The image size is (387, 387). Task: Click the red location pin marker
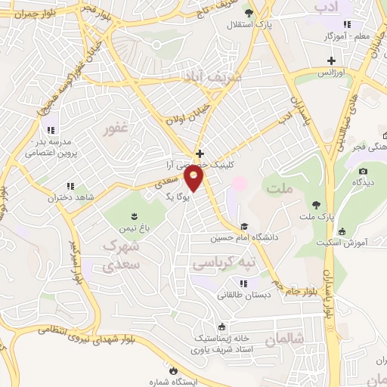[x=194, y=178]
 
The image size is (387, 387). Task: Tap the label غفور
[x=116, y=129]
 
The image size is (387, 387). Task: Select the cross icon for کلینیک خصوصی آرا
[x=200, y=153]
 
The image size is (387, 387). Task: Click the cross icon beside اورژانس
[x=331, y=60]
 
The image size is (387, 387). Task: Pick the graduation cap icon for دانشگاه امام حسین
[x=244, y=226]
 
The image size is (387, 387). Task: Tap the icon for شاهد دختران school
[x=70, y=186]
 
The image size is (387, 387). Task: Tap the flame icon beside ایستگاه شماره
[x=174, y=370]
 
